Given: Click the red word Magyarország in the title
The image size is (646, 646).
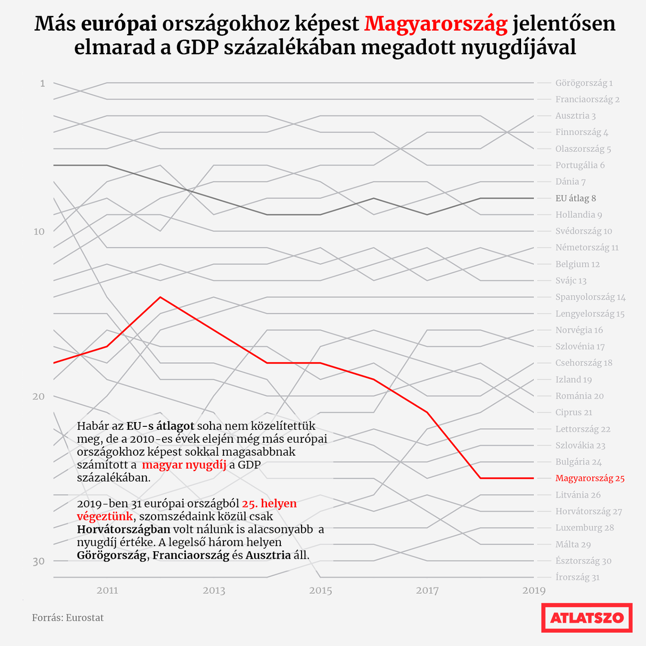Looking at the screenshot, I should pos(435,24).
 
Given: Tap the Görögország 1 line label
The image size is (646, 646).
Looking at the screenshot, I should pos(584,83).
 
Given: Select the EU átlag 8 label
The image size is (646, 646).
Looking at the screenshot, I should pos(575,198).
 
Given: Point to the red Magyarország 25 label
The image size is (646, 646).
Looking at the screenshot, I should pos(590,478).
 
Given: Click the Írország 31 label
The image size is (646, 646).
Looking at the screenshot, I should pos(577,577).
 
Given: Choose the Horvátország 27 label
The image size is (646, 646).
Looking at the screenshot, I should pos(589,512).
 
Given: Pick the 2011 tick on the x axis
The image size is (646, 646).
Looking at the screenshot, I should pos(107,590).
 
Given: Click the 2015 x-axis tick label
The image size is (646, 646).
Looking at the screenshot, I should pos(321,590).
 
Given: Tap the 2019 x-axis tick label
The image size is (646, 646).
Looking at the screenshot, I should pos(534,590).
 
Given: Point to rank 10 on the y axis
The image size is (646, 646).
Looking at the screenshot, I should pos(39,232).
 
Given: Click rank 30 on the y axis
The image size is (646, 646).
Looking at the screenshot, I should pos(39,561).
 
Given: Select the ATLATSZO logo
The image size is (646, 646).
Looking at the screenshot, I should pos(587,618).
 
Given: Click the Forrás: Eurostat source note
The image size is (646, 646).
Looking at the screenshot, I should pos(67,618).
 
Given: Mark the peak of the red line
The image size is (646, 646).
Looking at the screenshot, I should pos(160,297).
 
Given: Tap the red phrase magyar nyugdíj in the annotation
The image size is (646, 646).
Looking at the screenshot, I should pos(184,465).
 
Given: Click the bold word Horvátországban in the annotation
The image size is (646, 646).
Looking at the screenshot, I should pos(123,530).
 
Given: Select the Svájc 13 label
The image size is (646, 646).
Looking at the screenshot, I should pos(571,281).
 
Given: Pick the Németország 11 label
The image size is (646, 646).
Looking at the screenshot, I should pos(587,248).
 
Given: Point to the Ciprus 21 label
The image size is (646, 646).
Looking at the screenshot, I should pos(573,412).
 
